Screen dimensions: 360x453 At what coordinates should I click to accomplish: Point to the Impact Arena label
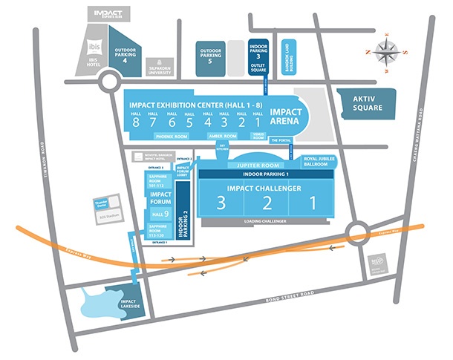point(286,117)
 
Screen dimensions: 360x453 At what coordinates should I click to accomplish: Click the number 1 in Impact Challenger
point(313,202)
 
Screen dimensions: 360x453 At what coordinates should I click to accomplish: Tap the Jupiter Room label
point(255,165)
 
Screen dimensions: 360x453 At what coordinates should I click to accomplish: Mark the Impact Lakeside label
point(130,304)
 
